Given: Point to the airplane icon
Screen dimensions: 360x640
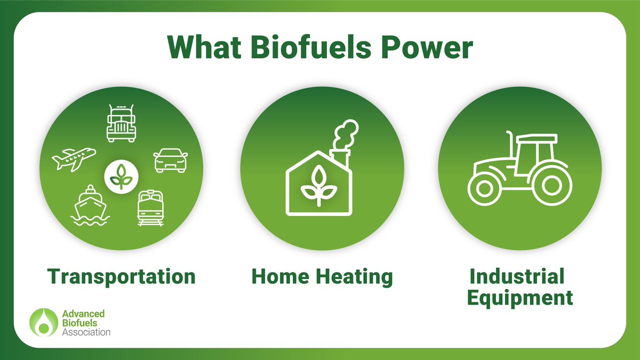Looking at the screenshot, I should pos(74,159).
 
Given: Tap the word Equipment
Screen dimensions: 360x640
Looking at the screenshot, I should pos(519,298).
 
